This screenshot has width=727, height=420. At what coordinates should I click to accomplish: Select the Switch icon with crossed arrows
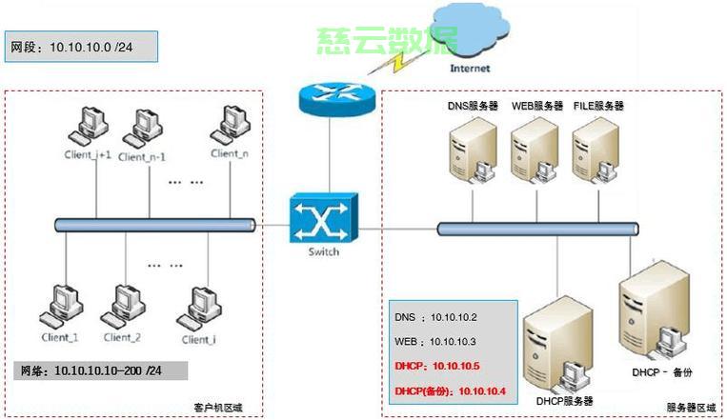point(323,217)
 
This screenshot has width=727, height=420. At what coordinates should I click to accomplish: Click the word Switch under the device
point(323,251)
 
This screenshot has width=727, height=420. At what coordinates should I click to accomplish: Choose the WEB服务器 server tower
point(532,152)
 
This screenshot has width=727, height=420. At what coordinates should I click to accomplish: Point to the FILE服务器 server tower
point(593,152)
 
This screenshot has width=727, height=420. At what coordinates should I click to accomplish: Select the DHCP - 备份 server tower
point(656,314)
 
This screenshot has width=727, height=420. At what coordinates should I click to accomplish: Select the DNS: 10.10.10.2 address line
point(435,315)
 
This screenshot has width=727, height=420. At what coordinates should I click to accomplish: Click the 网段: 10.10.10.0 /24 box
point(80,47)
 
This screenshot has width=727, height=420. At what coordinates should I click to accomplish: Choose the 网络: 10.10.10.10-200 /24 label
point(100,370)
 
